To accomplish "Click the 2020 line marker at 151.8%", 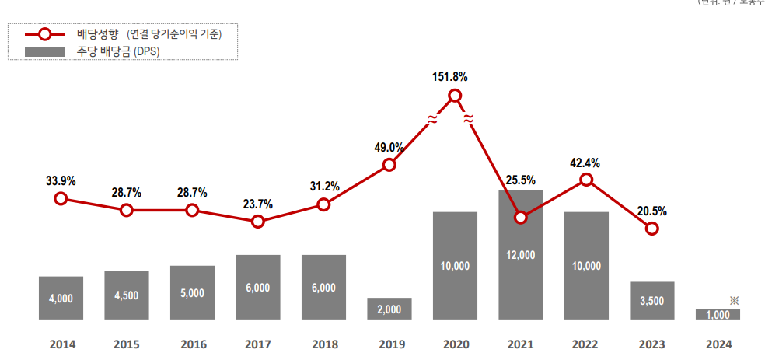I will click(x=456, y=96).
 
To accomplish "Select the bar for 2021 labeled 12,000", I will click(x=521, y=255).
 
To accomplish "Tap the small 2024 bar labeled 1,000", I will click(x=718, y=313).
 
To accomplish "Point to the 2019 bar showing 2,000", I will click(x=389, y=309).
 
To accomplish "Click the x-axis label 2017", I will click(x=257, y=343).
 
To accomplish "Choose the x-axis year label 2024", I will click(x=718, y=343).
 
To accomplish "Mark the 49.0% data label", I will click(x=389, y=147).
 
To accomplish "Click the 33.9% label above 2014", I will click(x=61, y=181).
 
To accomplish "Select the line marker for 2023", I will click(x=652, y=229).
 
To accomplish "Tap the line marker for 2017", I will click(x=258, y=222).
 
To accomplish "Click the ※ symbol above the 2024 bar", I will click(x=734, y=300).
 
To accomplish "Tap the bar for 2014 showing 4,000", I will click(x=61, y=298).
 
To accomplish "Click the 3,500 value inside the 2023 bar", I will click(x=652, y=301).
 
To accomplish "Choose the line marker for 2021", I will click(x=521, y=217).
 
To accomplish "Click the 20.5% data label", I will click(x=652, y=211).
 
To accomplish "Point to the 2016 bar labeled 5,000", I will click(x=192, y=292).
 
